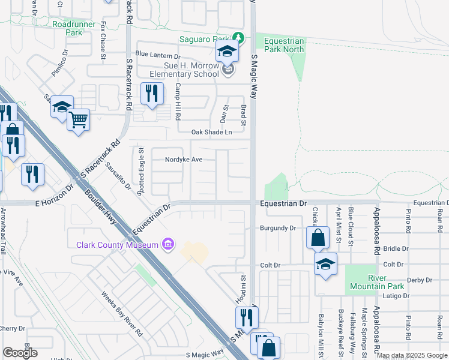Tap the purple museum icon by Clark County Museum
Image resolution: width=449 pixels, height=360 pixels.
(x=169, y=244)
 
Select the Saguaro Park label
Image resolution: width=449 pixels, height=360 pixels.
(x=205, y=39)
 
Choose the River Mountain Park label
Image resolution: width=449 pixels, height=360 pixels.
(x=378, y=282)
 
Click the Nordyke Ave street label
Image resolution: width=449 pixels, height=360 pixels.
(x=184, y=160)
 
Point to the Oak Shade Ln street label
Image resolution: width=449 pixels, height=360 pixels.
(x=211, y=132)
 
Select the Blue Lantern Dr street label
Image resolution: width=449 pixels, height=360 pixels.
(x=158, y=53)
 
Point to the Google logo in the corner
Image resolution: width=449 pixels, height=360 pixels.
(x=20, y=352)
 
